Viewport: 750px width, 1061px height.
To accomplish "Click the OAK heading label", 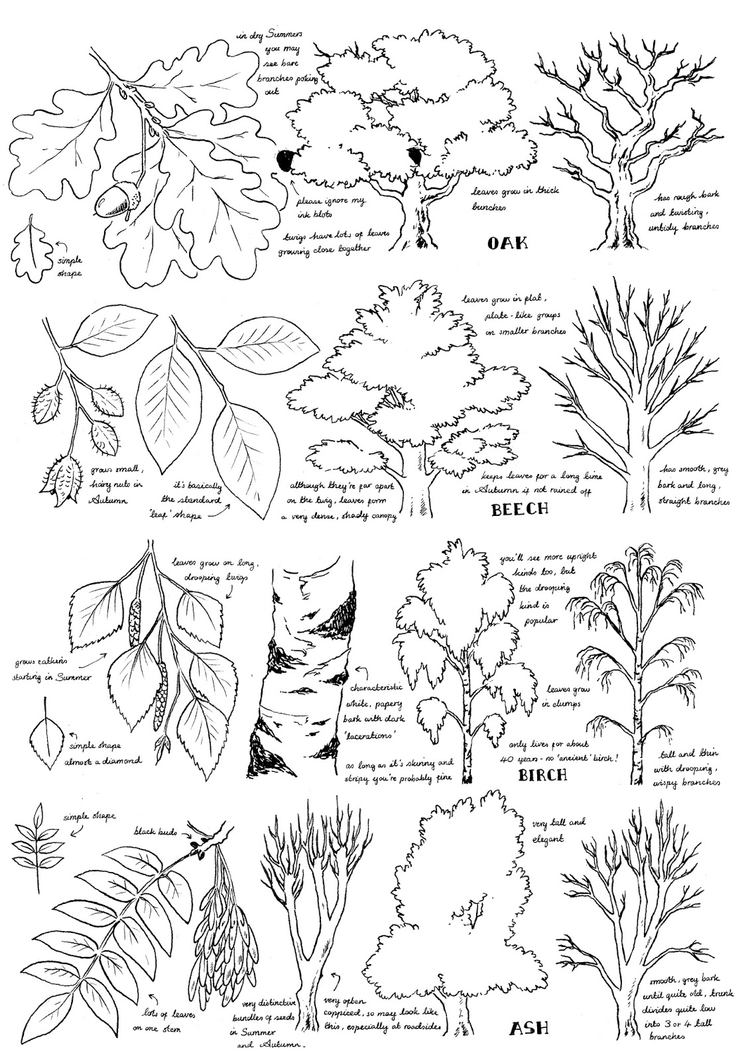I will (507, 243).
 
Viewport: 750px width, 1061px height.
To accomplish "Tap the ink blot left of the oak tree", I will (284, 160).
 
